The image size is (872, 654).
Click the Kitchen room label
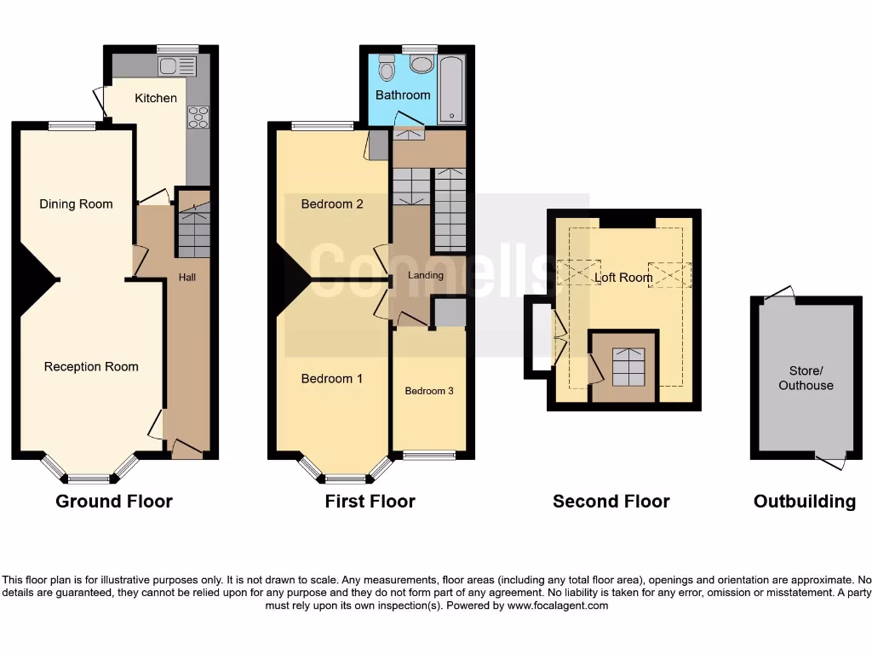[x=156, y=98]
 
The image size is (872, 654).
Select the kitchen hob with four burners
[x=198, y=117]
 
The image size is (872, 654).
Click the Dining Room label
[x=76, y=204]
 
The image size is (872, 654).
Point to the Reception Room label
[x=91, y=367]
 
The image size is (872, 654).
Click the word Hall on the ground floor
[x=187, y=277]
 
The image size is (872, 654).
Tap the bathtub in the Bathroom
[x=451, y=89]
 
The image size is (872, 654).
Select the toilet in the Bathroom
[x=387, y=67]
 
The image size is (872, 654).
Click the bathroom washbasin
[x=421, y=64]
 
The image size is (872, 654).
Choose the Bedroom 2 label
[x=332, y=204]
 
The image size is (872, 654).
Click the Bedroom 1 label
[x=332, y=379]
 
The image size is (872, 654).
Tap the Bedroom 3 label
[x=429, y=391]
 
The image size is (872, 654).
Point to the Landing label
[x=426, y=275]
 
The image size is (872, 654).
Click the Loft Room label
[x=623, y=278]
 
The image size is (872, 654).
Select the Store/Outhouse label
[x=806, y=378]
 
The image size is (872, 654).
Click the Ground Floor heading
[x=114, y=502]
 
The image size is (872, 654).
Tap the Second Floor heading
[x=611, y=502]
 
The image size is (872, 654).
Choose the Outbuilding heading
[x=805, y=502]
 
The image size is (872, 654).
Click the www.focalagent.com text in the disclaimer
[x=558, y=606]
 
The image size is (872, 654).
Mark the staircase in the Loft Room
[x=624, y=367]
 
